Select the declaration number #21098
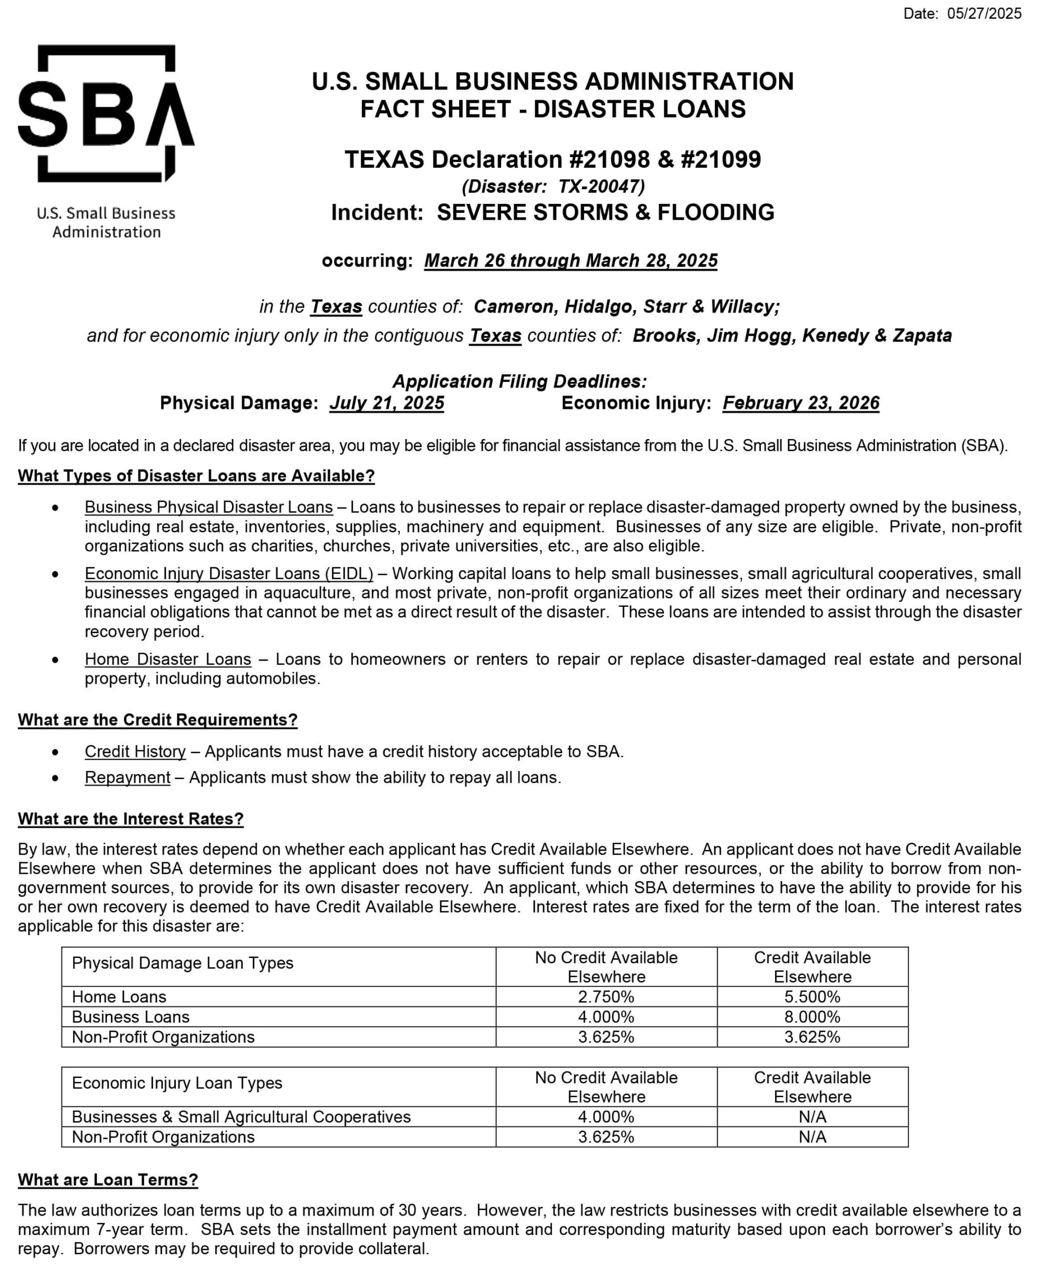pos(609,159)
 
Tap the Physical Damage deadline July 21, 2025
pos(387,403)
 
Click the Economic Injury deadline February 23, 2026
pos(801,403)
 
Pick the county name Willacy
pos(744,306)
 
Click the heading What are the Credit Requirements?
pos(157,720)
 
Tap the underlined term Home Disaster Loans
pos(167,659)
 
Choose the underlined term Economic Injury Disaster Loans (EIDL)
pos(229,574)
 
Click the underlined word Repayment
pos(128,777)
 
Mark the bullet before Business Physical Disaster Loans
pos(55,508)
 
